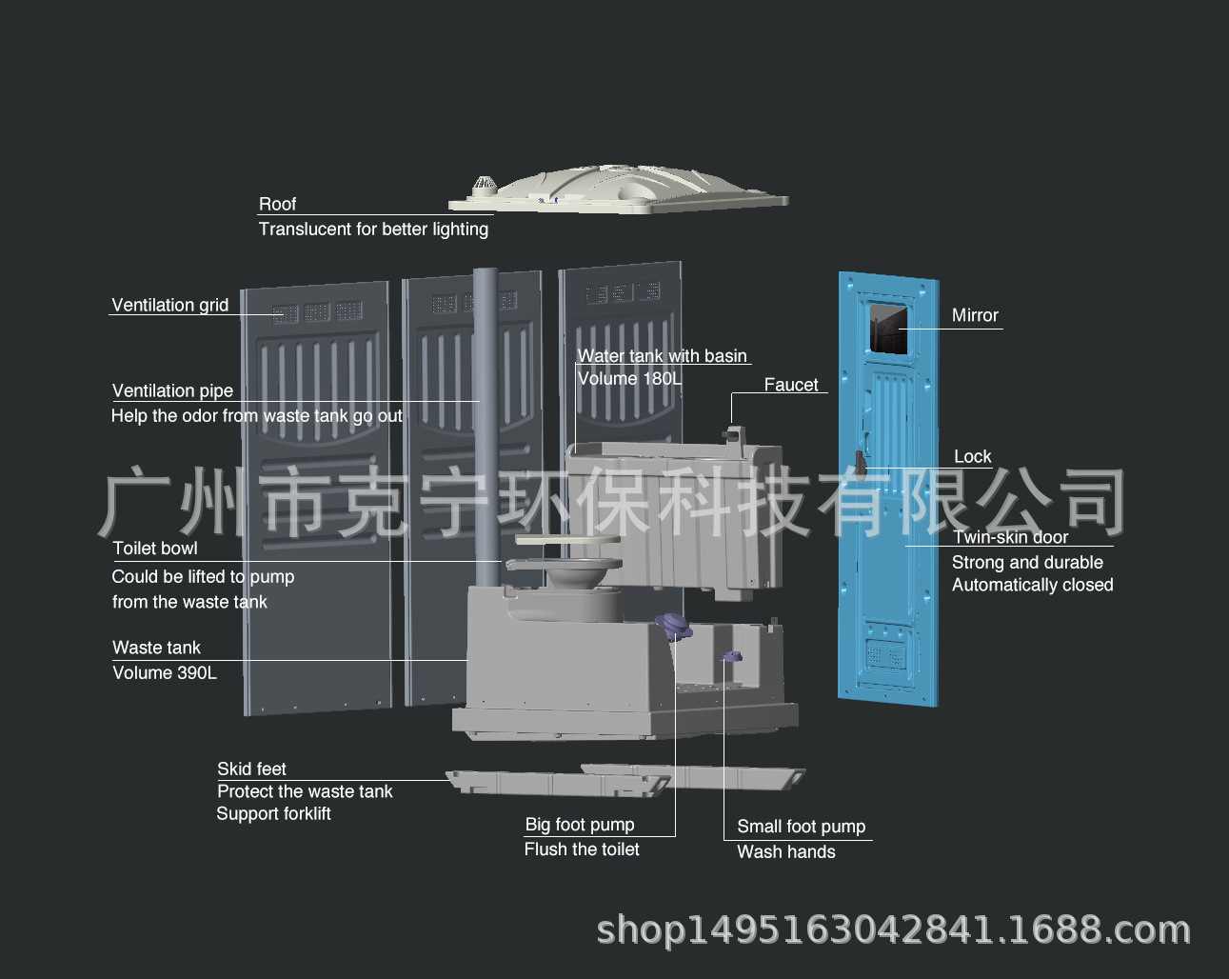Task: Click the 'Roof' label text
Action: pyautogui.click(x=277, y=204)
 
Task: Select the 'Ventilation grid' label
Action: pyautogui.click(x=169, y=305)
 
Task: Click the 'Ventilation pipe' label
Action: pyautogui.click(x=172, y=390)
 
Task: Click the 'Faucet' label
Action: pyautogui.click(x=790, y=385)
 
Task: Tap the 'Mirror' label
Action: pyautogui.click(x=975, y=315)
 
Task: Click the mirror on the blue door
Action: pyautogui.click(x=887, y=329)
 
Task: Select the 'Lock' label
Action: pyautogui.click(x=972, y=456)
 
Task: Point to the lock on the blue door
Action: pyautogui.click(x=860, y=464)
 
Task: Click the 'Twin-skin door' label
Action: pyautogui.click(x=1010, y=537)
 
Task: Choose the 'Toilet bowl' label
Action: pyautogui.click(x=155, y=549)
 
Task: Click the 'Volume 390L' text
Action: pyautogui.click(x=165, y=672)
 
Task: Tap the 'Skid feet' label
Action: pyautogui.click(x=251, y=769)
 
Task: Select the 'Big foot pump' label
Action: pyautogui.click(x=579, y=825)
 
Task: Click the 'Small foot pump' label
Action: pyautogui.click(x=801, y=827)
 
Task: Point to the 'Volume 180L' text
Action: pyautogui.click(x=629, y=378)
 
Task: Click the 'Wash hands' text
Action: pyautogui.click(x=785, y=852)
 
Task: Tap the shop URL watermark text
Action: pyautogui.click(x=893, y=929)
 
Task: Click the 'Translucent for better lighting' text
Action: pyautogui.click(x=373, y=229)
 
